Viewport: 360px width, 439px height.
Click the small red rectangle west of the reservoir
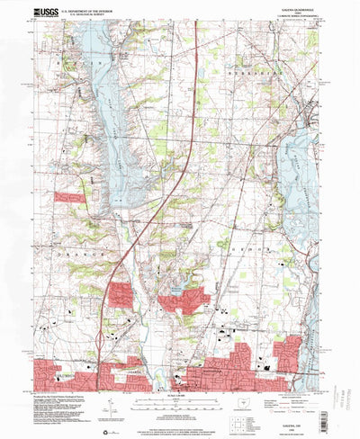point(68,196)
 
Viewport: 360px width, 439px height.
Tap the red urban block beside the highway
point(120,294)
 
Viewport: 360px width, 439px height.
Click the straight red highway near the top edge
point(197,54)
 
